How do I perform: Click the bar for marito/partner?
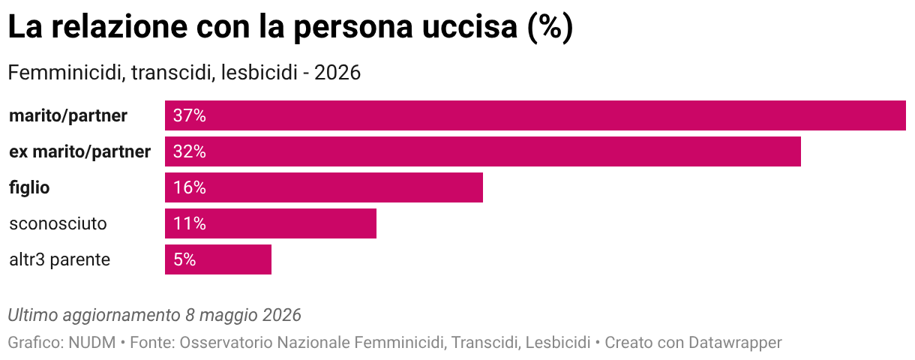[535, 115]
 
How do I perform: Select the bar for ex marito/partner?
[483, 151]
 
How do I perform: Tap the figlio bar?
[324, 187]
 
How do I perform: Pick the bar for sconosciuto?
[271, 223]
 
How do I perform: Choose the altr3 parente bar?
[218, 259]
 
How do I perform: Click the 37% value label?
[190, 115]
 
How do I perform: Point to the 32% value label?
[190, 151]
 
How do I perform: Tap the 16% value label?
[190, 187]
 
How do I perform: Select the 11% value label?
[190, 223]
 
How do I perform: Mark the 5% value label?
[184, 259]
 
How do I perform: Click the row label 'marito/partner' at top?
[68, 116]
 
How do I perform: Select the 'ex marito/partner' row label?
[80, 152]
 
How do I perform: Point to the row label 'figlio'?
[29, 188]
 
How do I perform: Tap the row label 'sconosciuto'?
[58, 224]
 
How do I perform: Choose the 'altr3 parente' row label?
[60, 260]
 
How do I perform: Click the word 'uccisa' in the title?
[469, 27]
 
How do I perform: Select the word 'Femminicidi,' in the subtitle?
[67, 73]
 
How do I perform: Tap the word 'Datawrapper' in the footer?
[735, 343]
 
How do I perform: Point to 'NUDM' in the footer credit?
[92, 343]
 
